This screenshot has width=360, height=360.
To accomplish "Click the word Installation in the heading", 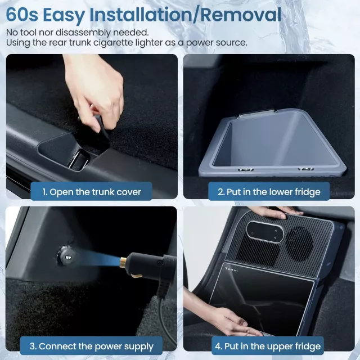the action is point(141,15).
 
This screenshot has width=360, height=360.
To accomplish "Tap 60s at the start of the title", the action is point(22,15).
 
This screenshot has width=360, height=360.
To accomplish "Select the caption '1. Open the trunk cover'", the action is point(91,192).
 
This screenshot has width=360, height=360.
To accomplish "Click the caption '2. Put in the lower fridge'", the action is point(269,192).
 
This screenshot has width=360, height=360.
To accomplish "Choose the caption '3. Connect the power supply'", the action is point(91,346).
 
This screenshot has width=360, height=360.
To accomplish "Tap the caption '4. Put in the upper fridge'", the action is point(268,346).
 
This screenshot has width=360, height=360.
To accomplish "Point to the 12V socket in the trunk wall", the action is point(66,256).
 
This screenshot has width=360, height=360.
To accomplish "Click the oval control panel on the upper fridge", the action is point(265,232).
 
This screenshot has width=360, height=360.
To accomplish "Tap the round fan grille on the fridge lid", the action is point(299,244).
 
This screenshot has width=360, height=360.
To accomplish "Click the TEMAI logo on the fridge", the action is point(231,269).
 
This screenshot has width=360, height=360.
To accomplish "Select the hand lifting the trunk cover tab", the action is point(94,92).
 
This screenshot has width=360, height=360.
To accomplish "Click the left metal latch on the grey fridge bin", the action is point(246,170).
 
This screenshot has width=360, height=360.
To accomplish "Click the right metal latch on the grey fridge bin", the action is point(306,169).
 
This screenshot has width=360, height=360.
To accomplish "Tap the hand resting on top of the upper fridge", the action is point(273,211).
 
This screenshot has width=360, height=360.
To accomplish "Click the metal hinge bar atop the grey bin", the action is point(257,112).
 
